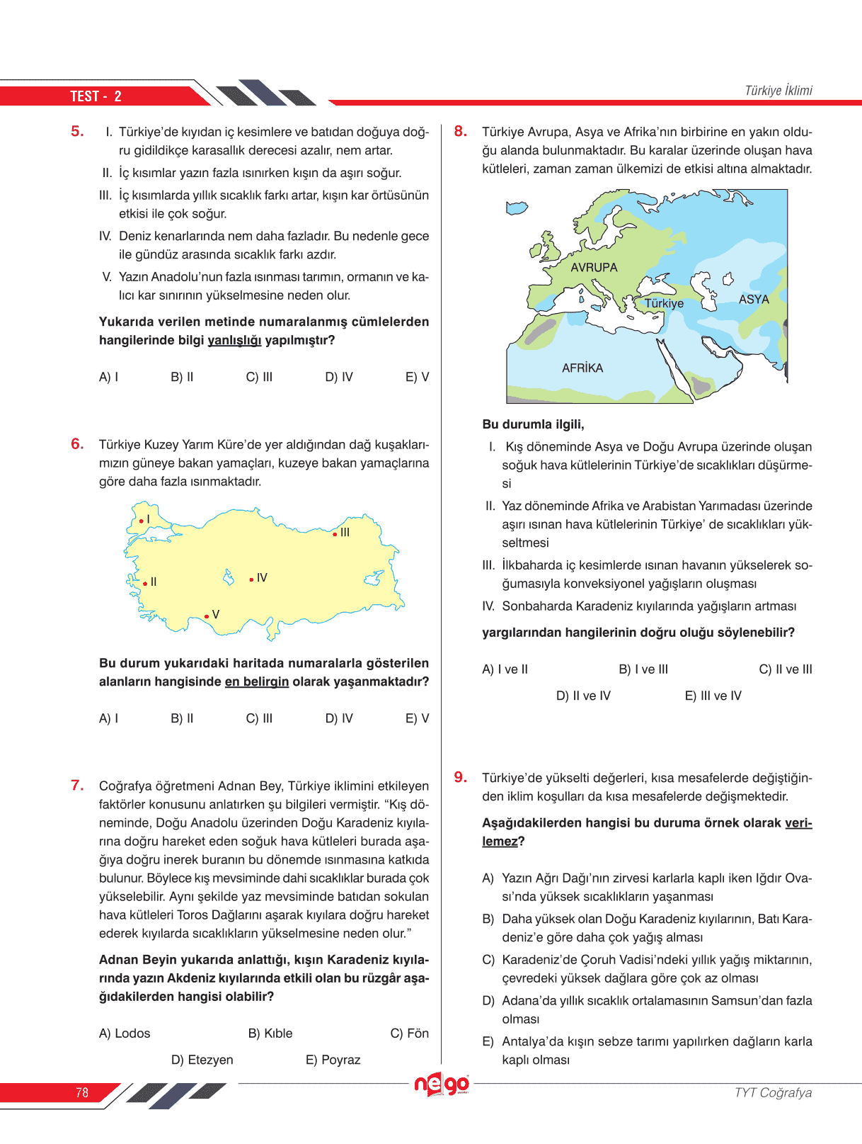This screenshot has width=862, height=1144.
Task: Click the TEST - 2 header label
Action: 96,96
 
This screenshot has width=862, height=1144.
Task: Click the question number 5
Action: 77,131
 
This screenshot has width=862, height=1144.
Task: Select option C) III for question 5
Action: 259,377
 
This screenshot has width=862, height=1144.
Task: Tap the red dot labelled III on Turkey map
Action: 335,534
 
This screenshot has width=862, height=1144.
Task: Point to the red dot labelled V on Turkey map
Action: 207,616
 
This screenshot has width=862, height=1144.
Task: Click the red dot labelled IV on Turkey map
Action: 251,579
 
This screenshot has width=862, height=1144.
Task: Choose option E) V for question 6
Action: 417,718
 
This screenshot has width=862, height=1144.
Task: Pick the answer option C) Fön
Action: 409,1033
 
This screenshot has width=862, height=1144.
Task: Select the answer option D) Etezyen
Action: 202,1060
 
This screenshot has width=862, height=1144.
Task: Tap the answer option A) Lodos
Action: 125,1033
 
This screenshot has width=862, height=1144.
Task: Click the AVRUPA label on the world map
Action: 594,268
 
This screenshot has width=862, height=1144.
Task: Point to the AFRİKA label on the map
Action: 582,368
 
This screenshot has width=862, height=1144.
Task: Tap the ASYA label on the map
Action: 754,300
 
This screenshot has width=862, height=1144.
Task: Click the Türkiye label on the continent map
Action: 664,304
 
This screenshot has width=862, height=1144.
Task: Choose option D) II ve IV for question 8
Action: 583,696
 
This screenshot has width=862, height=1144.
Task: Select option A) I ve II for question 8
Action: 505,669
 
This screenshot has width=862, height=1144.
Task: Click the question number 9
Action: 461,777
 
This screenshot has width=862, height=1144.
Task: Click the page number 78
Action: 82,1092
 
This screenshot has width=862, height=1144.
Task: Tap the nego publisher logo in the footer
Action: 442,1084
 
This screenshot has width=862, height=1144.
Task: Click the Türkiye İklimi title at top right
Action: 778,91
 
